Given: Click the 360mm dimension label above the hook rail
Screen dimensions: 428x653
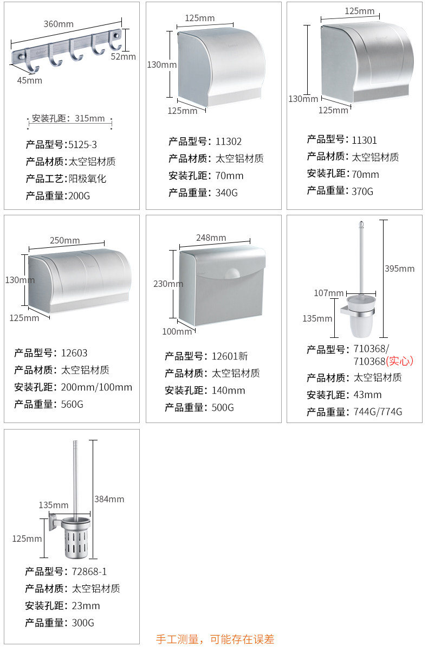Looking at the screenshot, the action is [59, 24].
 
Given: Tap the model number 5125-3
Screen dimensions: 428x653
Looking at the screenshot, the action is [83, 145].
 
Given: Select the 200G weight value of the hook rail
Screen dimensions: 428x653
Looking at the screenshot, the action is [79, 196].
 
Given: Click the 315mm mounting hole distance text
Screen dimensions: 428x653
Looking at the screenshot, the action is [90, 119].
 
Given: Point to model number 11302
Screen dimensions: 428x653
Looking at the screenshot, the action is [229, 142].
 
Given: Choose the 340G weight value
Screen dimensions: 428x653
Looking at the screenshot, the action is [226, 193].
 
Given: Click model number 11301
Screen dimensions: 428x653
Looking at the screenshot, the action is [364, 140].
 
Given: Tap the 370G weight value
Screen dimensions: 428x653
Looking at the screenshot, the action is [362, 191].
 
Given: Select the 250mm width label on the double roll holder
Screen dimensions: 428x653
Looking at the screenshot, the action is [64, 240].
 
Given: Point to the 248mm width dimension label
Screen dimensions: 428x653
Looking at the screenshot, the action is [211, 238].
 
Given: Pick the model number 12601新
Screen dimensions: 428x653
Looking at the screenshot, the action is [230, 356].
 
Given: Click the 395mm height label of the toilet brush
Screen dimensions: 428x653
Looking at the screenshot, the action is [399, 268].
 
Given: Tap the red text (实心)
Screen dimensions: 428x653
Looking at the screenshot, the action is [400, 361].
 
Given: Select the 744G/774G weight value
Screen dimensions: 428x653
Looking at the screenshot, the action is [378, 412].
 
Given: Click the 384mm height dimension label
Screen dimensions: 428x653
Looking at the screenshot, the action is [109, 499].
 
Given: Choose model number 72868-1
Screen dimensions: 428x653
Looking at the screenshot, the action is [89, 572].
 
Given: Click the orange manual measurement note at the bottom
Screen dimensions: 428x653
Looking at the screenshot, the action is [215, 639].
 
